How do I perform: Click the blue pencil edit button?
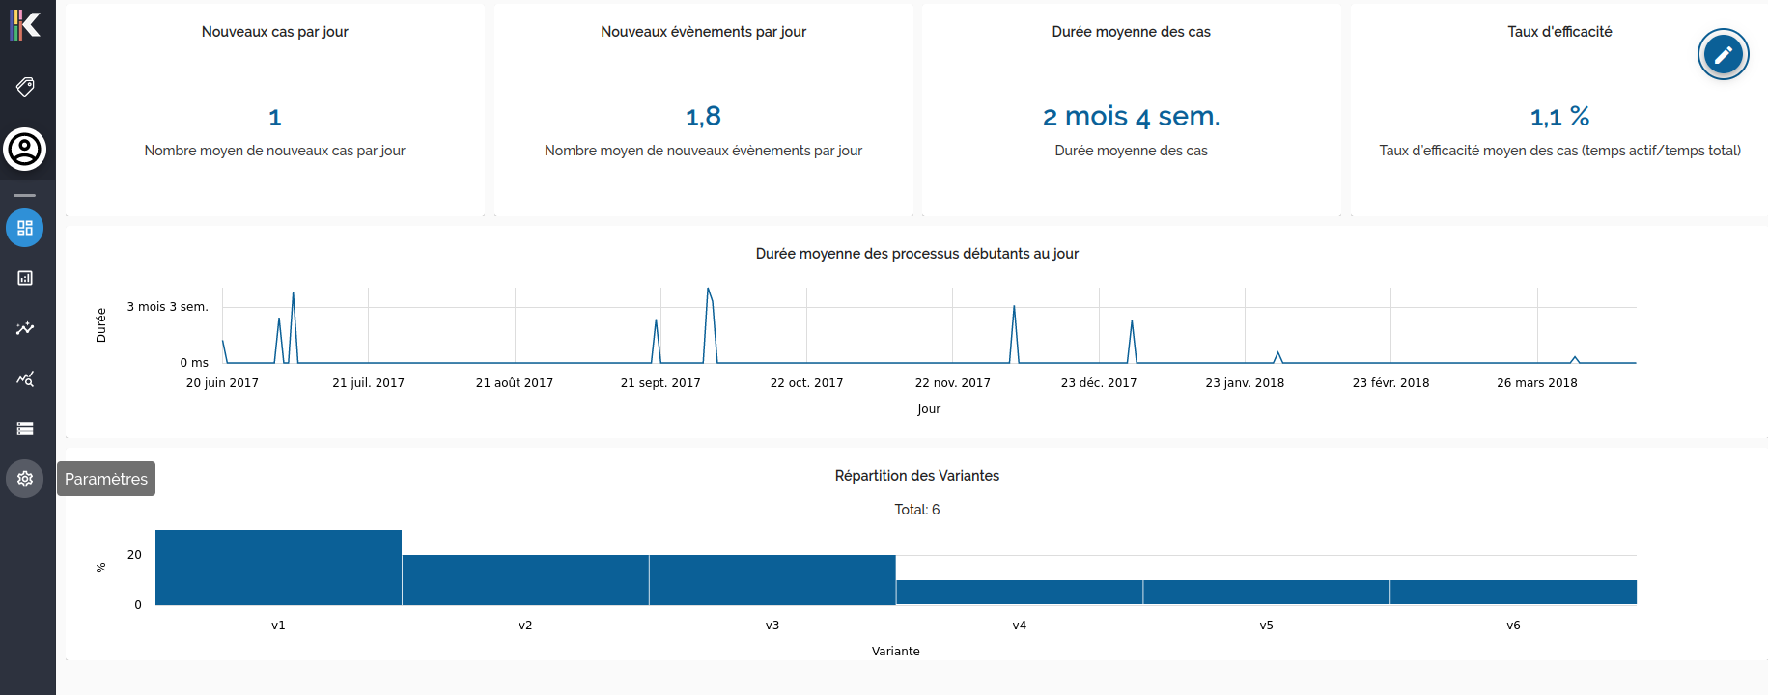point(1723,54)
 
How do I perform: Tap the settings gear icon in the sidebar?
point(25,479)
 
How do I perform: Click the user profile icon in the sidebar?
point(25,150)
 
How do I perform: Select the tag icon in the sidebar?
point(25,87)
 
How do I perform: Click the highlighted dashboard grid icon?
point(25,228)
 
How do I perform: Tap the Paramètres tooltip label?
point(106,479)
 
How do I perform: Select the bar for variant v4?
point(1019,593)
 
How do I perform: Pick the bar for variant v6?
point(1513,593)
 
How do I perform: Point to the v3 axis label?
point(772,625)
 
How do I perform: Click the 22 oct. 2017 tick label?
point(806,383)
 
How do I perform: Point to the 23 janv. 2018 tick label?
point(1245,383)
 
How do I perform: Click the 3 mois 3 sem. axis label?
point(167,307)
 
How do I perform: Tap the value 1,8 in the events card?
point(703,117)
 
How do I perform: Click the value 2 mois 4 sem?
point(1131,117)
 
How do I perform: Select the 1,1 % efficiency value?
point(1559,117)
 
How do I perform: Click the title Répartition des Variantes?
point(916,476)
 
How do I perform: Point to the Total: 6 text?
point(916,510)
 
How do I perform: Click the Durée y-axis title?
point(101,325)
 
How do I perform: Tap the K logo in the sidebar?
point(25,24)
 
